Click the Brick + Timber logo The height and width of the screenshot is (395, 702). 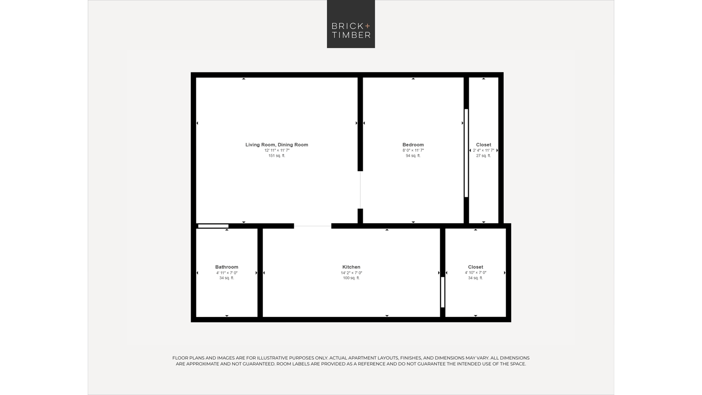tap(351, 24)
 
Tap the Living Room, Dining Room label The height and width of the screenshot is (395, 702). tap(277, 145)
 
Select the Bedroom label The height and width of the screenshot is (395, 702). tap(413, 145)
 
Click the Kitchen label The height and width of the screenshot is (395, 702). tap(351, 267)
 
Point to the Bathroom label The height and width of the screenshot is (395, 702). tap(227, 267)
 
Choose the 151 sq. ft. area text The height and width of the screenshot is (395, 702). tap(277, 156)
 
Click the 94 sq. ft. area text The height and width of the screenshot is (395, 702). tap(413, 156)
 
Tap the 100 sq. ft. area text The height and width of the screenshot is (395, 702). tap(351, 278)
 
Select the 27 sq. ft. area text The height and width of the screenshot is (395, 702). tap(483, 156)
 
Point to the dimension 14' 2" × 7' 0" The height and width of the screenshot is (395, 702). tap(351, 273)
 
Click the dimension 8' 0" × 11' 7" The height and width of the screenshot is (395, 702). tap(413, 150)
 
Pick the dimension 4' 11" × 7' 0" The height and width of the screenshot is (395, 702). tap(227, 273)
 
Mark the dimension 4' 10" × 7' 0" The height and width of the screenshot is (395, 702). tap(476, 272)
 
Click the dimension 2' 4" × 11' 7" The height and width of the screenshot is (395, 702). tap(483, 150)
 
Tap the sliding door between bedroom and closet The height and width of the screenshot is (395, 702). tap(466, 153)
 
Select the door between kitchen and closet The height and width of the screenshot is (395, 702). tap(443, 292)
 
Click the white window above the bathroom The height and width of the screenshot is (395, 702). tap(213, 226)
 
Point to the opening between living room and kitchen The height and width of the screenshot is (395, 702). tap(312, 226)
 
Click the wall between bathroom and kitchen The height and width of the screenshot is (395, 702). tap(260, 273)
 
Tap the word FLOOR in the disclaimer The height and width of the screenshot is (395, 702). tap(179, 358)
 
